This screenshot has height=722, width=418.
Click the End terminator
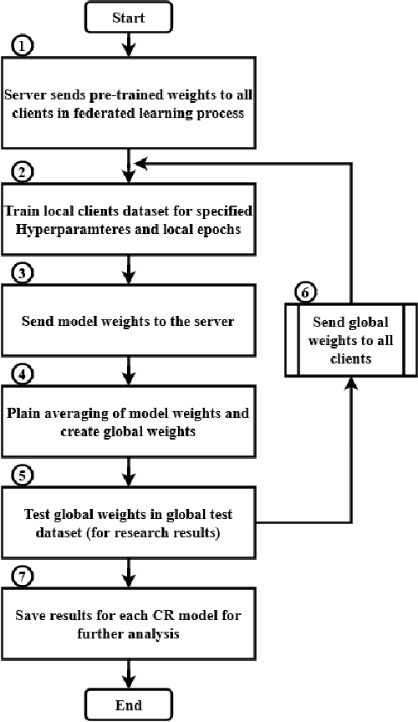click(x=128, y=704)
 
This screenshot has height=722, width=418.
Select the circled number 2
click(x=24, y=173)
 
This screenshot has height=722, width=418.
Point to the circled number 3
click(x=24, y=272)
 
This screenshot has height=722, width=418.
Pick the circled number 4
click(x=24, y=373)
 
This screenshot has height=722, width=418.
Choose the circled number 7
click(x=24, y=576)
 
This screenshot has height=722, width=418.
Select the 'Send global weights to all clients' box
click(x=350, y=339)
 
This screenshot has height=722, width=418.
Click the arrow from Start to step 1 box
click(x=128, y=42)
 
